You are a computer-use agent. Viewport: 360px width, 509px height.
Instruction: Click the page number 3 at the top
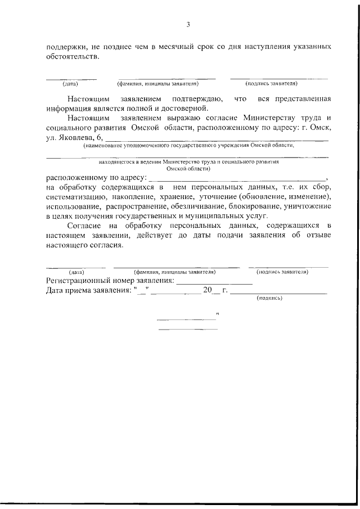pos(188,24)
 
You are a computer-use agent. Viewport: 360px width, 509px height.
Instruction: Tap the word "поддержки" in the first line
pos(65,47)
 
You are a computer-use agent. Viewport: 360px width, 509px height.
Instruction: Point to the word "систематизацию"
pos(73,196)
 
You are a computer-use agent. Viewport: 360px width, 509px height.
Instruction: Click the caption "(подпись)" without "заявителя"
pos(268,299)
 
